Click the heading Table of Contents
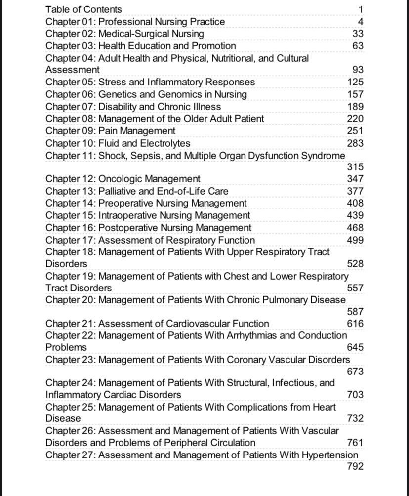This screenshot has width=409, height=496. pos(83,9)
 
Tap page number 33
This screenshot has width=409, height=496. pos(358,34)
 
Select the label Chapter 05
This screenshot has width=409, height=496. pos(70,82)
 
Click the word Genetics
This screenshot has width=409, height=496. pos(118,94)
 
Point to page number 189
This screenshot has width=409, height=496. pos(355,107)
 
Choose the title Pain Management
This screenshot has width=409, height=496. pos(137,131)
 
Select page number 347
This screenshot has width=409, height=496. pos(355,179)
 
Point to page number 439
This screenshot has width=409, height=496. pos(355,215)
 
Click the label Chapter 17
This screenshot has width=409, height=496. pos(70,240)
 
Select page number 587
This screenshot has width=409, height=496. pos(355,312)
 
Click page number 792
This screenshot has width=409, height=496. pos(355,466)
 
